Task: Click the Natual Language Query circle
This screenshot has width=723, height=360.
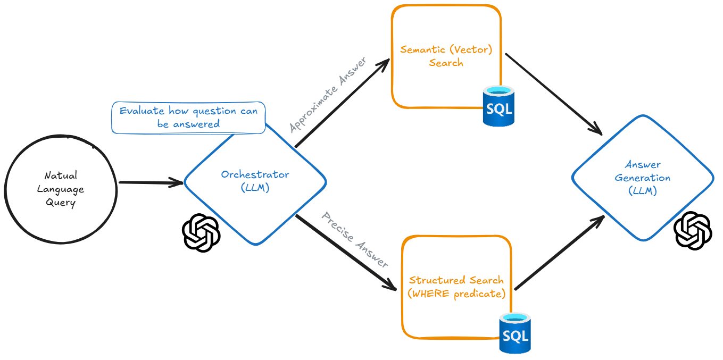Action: tap(61, 189)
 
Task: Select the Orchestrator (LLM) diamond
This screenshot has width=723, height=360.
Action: tap(255, 182)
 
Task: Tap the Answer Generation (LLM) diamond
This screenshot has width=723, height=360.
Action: tap(643, 178)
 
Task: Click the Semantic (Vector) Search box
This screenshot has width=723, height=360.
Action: tap(446, 56)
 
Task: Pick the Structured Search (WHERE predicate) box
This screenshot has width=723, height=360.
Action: tap(456, 287)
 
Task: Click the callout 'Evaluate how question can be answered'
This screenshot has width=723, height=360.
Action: tap(188, 118)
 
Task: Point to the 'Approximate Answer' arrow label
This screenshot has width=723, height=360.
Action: tap(328, 94)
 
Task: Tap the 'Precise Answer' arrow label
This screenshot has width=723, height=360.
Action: tap(355, 240)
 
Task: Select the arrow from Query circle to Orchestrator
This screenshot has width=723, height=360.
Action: tap(151, 183)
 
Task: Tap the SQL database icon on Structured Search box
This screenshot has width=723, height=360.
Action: tap(516, 333)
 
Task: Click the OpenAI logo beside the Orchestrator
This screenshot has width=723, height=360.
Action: tap(201, 233)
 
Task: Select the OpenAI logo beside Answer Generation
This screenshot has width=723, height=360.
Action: tap(693, 230)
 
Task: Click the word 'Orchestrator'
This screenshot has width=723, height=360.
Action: tap(255, 175)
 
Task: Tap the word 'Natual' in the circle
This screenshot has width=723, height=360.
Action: tap(61, 175)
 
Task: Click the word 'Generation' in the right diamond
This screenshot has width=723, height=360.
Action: tap(643, 178)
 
